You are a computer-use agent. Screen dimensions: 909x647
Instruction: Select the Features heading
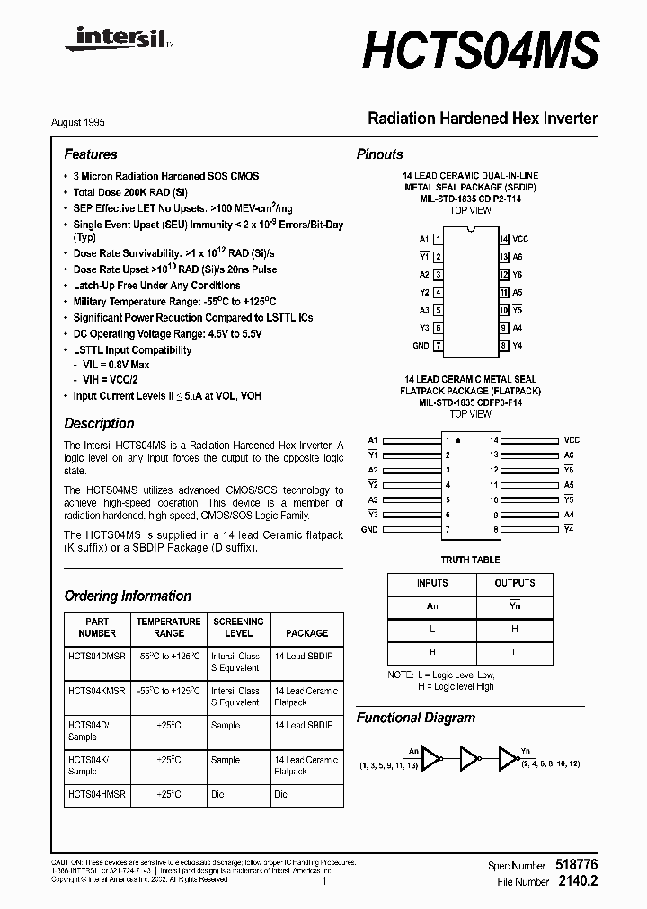pyautogui.click(x=91, y=154)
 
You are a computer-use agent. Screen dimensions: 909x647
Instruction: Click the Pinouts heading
pyautogui.click(x=380, y=154)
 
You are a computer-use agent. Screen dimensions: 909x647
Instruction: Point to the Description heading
pyautogui.click(x=99, y=423)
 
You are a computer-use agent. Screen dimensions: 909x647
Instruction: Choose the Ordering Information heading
pyautogui.click(x=128, y=596)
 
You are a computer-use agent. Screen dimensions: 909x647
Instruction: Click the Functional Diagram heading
pyautogui.click(x=416, y=718)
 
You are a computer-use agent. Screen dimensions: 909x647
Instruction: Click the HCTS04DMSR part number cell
pyautogui.click(x=97, y=657)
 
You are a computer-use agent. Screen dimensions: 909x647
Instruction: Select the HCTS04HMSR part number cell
pyautogui.click(x=97, y=794)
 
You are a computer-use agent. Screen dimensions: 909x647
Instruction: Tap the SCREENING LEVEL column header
pyautogui.click(x=238, y=627)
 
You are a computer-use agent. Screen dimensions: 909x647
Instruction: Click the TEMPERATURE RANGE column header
pyautogui.click(x=168, y=627)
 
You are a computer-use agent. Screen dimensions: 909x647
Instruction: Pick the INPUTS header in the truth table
pyautogui.click(x=432, y=583)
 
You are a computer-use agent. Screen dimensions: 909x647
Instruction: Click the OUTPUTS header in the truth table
pyautogui.click(x=515, y=583)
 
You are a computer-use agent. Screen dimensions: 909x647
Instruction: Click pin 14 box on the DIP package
pyautogui.click(x=504, y=239)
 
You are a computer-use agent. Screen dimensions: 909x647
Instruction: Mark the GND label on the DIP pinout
pyautogui.click(x=421, y=345)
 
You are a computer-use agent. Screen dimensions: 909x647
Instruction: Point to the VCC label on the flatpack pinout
pyautogui.click(x=572, y=440)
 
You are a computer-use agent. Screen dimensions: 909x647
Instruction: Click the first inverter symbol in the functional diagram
pyautogui.click(x=432, y=759)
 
